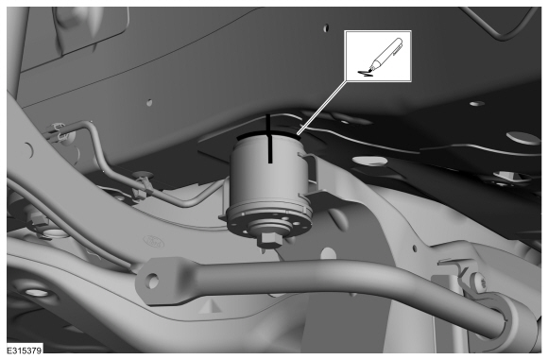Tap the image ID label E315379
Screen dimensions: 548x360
coord(25,350)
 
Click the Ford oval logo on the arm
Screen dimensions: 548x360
coord(154,241)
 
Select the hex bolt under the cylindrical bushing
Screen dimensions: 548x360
coord(269,240)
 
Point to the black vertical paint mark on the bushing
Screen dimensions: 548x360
coord(268,138)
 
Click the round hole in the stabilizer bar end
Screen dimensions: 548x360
coord(152,281)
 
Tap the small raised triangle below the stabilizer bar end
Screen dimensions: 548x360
coord(208,305)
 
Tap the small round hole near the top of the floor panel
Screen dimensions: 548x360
coord(326,27)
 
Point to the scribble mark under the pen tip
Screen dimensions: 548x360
coord(366,73)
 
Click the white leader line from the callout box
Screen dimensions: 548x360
coord(322,107)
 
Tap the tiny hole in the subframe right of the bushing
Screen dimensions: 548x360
coord(415,249)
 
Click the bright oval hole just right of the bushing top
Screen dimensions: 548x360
coord(369,161)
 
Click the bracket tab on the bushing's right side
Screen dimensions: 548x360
coord(309,175)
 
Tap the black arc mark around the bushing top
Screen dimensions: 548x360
coord(268,133)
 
